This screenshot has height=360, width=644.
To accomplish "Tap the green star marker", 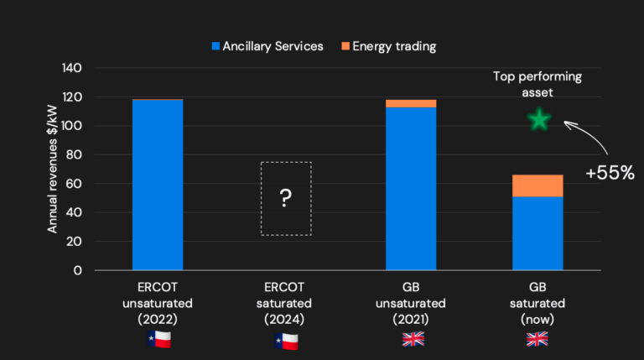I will (538, 121).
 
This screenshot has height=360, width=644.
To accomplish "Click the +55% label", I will (610, 174).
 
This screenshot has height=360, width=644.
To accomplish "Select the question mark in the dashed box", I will (285, 198).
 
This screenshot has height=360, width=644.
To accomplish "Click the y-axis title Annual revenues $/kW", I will (51, 169).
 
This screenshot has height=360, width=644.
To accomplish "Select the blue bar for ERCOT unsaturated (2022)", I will (158, 185).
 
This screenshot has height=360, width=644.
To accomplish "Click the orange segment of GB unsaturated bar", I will (411, 103).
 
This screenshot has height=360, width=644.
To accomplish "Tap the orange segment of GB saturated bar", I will (538, 185).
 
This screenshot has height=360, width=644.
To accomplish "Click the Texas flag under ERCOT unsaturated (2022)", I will (158, 339).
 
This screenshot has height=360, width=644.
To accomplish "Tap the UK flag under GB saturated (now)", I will (538, 339).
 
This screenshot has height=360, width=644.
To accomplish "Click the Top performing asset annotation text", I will (538, 85).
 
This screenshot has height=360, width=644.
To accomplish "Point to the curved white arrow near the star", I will (587, 134).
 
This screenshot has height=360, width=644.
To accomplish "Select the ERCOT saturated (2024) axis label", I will (285, 302).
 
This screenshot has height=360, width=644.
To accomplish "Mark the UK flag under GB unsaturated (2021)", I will (412, 339).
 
